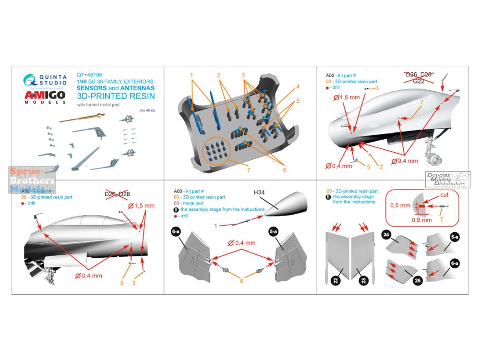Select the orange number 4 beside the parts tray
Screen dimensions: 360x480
pyautogui.click(x=297, y=86)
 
